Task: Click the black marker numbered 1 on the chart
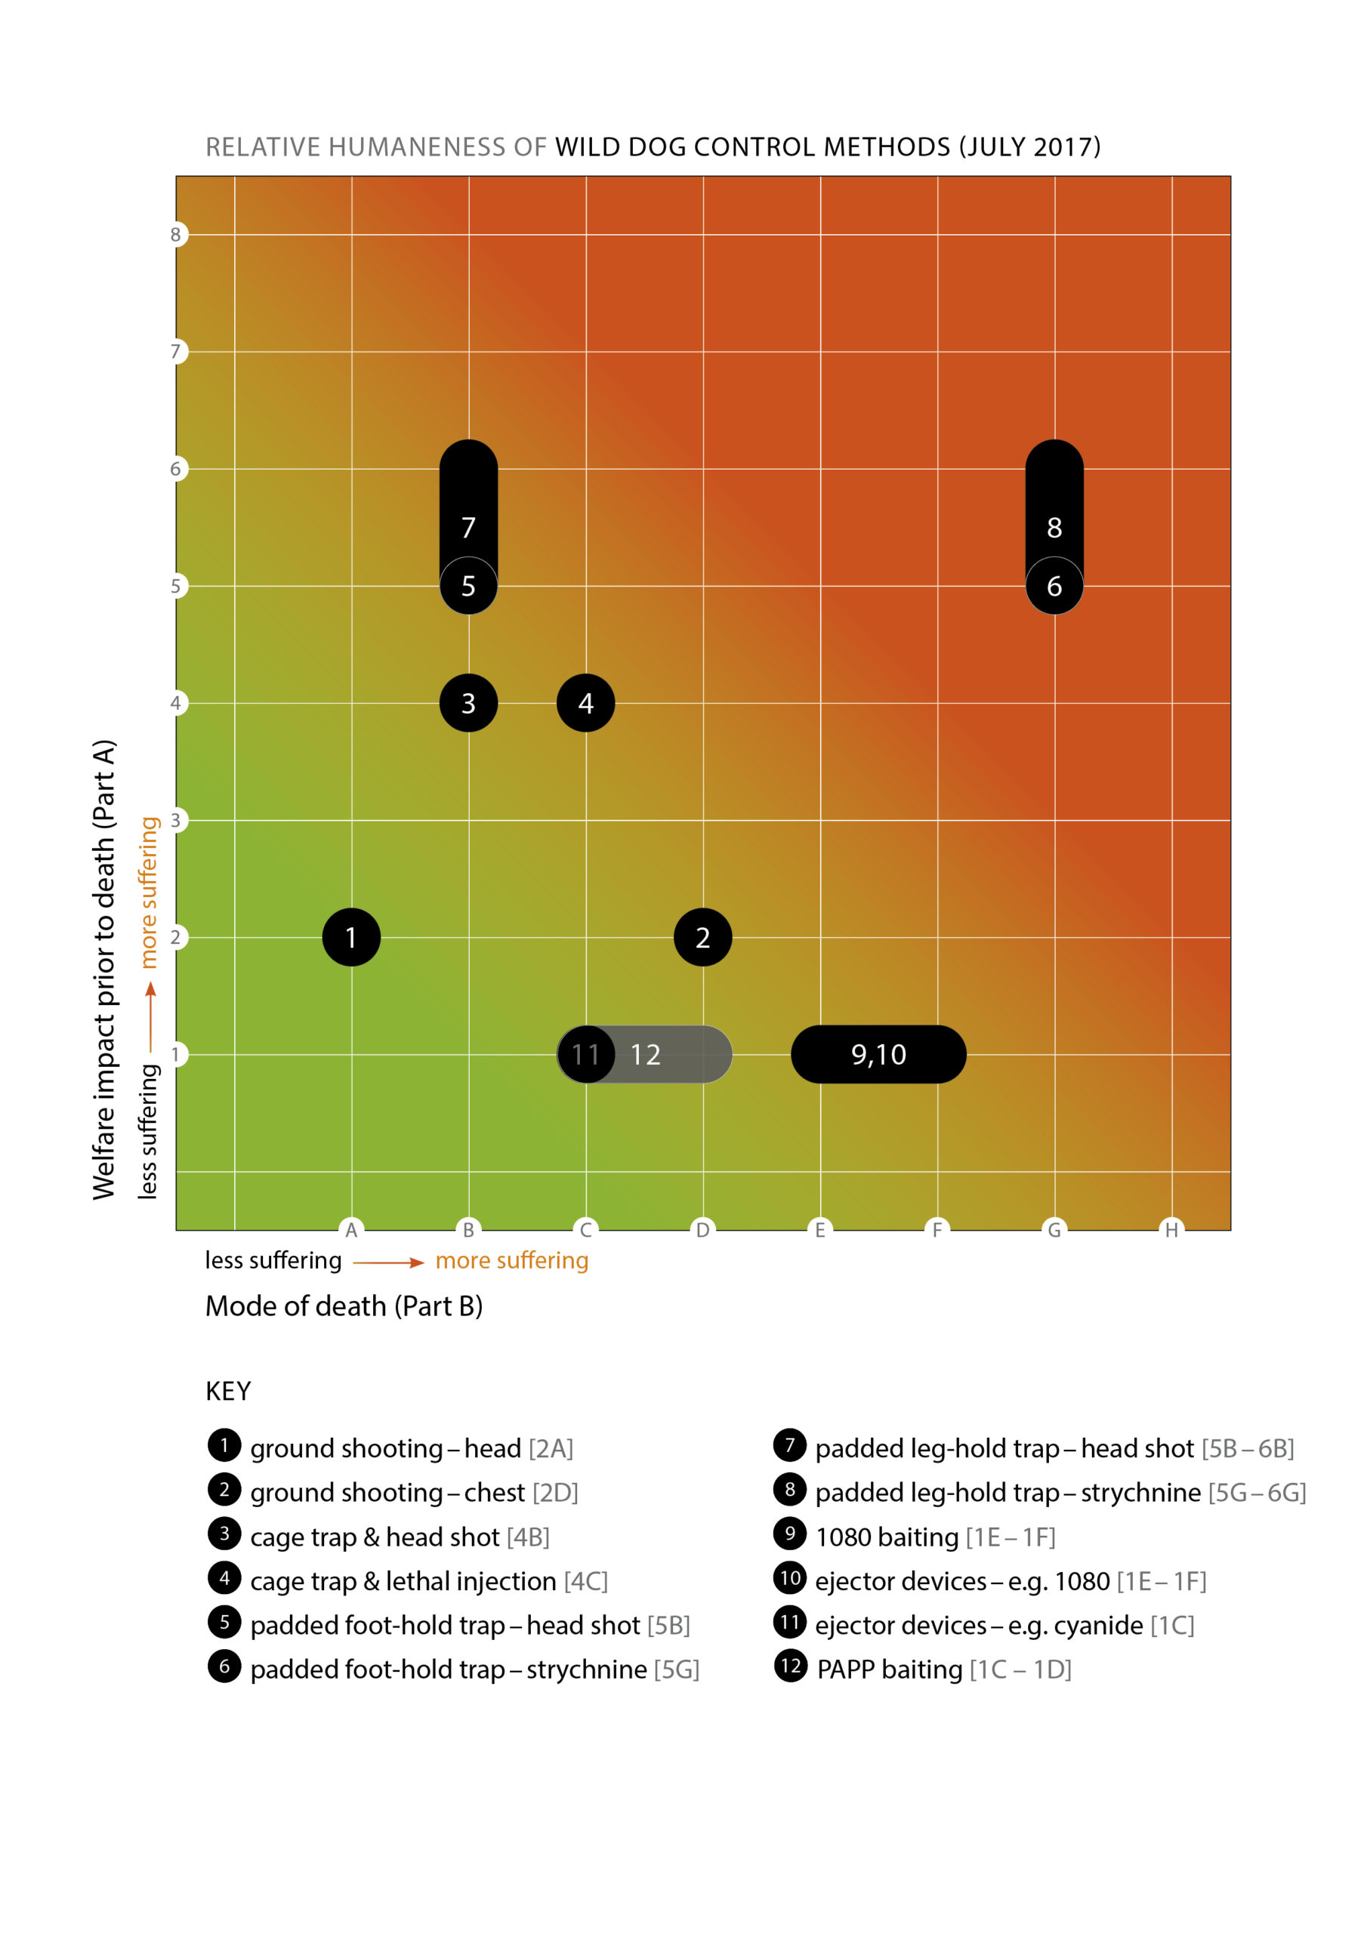tap(351, 937)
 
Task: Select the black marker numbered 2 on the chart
tap(702, 937)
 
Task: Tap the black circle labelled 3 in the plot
tap(468, 703)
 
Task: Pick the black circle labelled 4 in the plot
tap(585, 703)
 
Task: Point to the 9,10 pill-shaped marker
tap(878, 1054)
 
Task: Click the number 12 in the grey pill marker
tap(645, 1054)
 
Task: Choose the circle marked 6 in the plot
tap(1054, 586)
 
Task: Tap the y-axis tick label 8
tap(176, 235)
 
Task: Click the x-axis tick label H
tap(1171, 1230)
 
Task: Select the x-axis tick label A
tap(351, 1230)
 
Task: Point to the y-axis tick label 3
tap(176, 820)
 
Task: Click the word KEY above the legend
tap(228, 1391)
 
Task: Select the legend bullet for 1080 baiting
tap(789, 1534)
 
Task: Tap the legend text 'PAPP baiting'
tap(890, 1669)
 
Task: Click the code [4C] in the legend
tap(585, 1581)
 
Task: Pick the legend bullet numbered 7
tap(789, 1445)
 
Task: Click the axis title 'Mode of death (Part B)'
tap(344, 1306)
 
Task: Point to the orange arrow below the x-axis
tap(388, 1262)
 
